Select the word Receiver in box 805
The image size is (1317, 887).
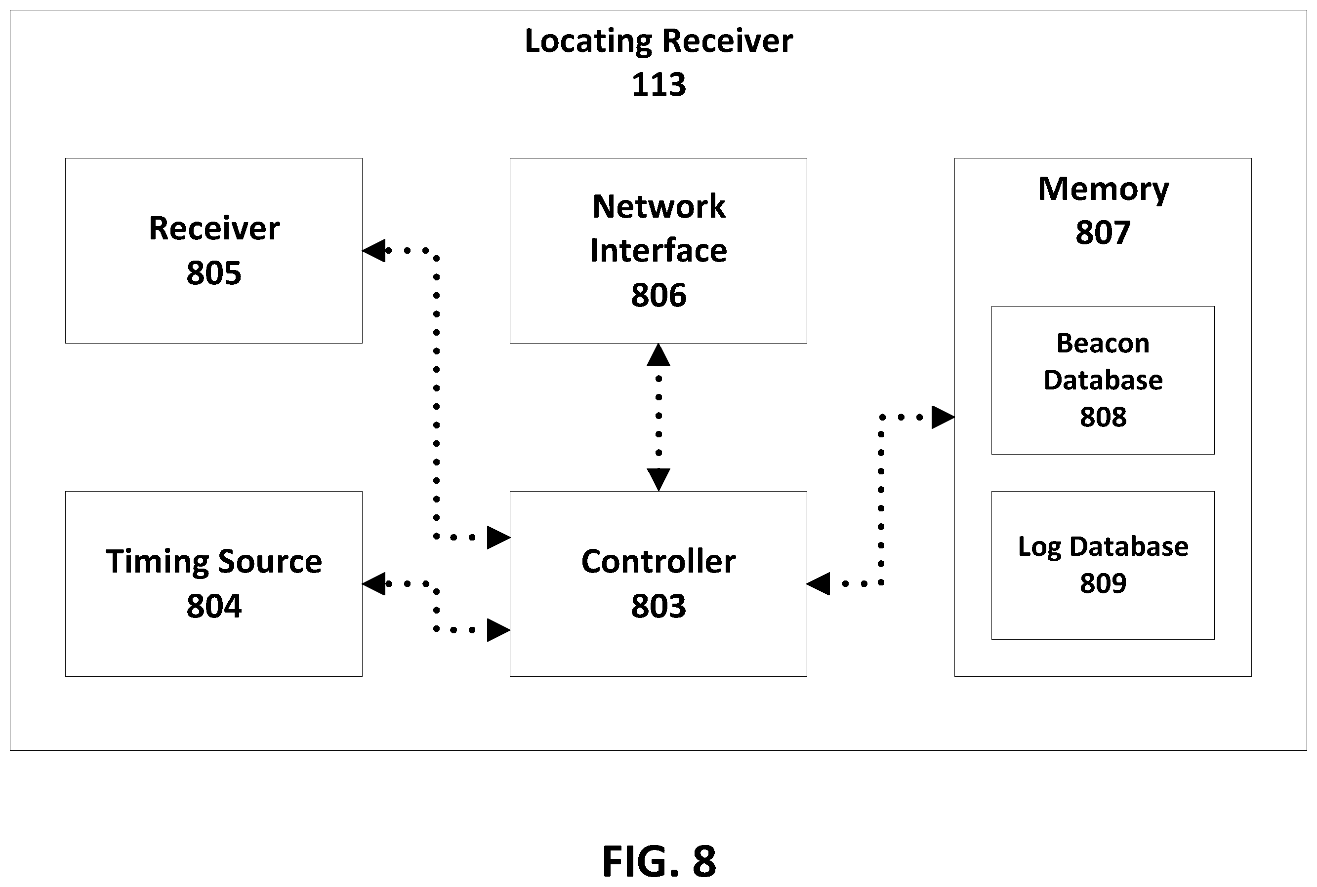(x=214, y=229)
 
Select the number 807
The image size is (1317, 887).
(x=1103, y=232)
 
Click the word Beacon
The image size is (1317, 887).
(x=1103, y=344)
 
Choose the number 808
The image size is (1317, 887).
(x=1103, y=417)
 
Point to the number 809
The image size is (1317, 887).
(x=1103, y=583)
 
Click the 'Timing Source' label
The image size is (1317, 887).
(x=214, y=562)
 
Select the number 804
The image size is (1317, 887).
(x=214, y=607)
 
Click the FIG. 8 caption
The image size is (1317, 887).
(x=659, y=861)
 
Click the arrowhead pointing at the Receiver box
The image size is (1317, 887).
(x=373, y=251)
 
